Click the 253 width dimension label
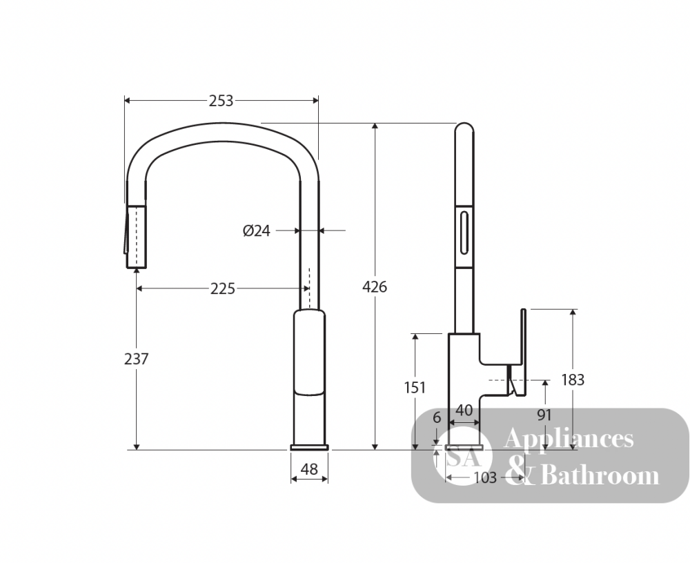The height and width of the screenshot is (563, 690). [221, 101]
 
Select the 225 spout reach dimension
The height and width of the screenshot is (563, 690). [223, 289]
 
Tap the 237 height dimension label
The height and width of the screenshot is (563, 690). [137, 359]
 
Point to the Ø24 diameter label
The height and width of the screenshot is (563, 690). [257, 230]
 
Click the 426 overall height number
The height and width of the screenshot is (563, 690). [375, 287]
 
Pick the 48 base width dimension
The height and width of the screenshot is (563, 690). [309, 469]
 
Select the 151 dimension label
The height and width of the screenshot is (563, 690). [415, 387]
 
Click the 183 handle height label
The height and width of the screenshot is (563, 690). [573, 379]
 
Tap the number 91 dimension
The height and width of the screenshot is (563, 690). [544, 415]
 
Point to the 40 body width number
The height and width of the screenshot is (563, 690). [464, 411]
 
